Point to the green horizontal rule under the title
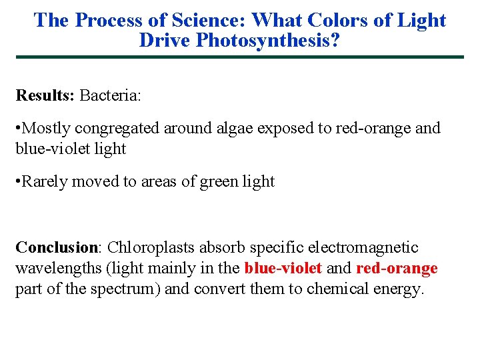coord(240,57)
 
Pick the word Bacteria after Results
coord(110,95)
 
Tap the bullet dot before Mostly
coord(19,128)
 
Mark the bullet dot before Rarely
coord(19,181)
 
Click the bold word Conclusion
coord(56,247)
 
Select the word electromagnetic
coord(363,247)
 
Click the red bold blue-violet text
coord(283,269)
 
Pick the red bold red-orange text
coord(397,269)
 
